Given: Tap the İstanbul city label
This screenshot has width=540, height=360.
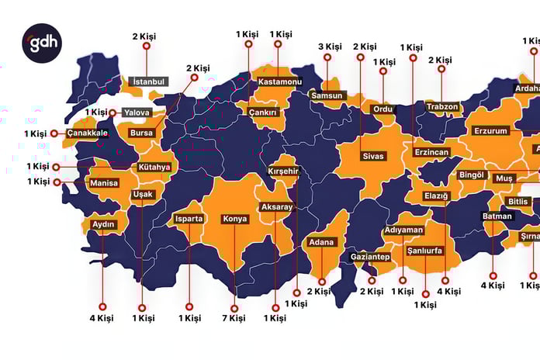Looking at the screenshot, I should (150, 81).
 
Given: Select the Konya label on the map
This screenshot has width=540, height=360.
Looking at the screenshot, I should (235, 219).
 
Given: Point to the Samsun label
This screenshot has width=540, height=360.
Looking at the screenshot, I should (326, 95).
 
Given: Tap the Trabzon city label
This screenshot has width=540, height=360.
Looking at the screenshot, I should (442, 106).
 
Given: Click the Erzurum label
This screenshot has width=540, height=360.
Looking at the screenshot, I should (490, 132).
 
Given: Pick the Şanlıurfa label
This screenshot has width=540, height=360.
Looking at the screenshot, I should (424, 251).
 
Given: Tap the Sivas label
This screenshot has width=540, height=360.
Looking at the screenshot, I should (373, 156).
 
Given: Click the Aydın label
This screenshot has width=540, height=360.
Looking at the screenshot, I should (104, 225).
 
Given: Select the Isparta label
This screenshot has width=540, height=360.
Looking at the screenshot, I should (189, 219).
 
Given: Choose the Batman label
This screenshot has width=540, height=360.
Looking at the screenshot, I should (497, 216).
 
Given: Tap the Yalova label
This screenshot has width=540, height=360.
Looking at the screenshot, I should (137, 112).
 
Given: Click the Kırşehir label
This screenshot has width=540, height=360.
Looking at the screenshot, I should (283, 171).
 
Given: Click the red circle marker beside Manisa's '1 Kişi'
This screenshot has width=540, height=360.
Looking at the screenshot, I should (57, 182).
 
